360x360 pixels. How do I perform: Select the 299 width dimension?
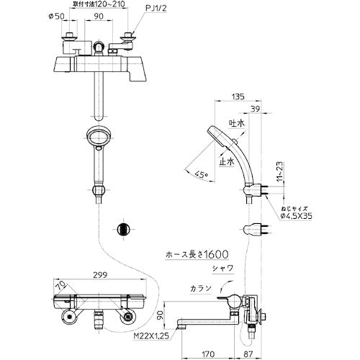click(x=100, y=274)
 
